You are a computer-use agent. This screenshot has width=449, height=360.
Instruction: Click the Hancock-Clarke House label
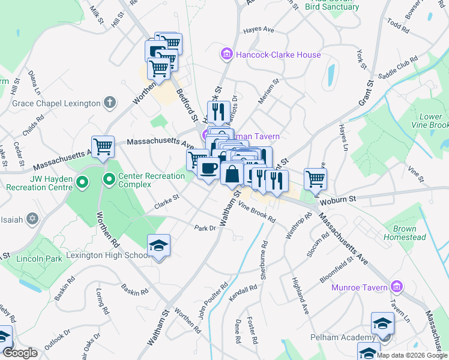278,55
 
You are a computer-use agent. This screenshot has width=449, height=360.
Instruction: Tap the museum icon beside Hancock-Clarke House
226,55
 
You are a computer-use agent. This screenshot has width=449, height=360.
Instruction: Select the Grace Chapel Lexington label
56,103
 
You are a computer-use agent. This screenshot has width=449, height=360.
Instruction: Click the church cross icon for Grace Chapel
109,103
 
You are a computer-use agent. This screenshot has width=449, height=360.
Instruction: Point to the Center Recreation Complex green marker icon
109,178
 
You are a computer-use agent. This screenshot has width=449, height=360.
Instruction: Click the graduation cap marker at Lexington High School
159,246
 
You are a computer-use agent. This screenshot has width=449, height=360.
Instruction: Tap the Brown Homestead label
409,233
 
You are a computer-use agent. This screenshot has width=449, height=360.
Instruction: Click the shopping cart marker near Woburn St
315,178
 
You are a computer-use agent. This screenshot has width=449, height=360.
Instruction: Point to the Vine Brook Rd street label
257,212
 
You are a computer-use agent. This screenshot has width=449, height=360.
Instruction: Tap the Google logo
20,352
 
